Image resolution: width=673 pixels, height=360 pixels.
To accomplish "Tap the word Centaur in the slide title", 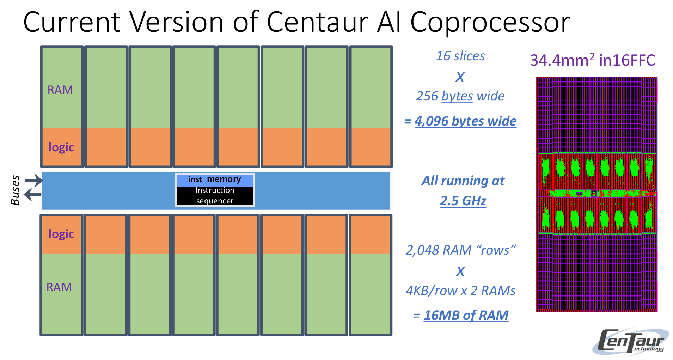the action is click(317, 22).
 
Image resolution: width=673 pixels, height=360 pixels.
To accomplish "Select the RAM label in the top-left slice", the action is click(60, 90).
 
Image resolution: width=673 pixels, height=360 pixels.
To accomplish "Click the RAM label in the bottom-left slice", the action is click(59, 287).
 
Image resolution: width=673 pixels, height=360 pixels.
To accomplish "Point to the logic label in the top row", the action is click(61, 147).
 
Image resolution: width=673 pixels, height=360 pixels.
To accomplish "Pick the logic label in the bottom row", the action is click(61, 234).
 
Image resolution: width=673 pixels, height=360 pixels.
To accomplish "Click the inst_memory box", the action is click(215, 180).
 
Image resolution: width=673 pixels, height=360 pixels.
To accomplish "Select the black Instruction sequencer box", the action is click(215, 196).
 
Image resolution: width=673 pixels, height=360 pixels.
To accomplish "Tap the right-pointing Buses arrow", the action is click(34, 181).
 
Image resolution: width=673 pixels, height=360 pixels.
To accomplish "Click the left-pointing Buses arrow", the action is click(32, 194).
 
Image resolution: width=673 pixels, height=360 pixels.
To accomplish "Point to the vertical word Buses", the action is click(15, 190).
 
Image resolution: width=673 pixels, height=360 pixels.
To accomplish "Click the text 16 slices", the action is click(460, 56).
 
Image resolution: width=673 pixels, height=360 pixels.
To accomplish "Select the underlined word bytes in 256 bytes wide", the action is click(457, 96).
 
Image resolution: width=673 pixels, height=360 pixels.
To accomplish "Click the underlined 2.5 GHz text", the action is click(463, 201).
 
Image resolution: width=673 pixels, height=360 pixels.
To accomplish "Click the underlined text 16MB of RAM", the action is click(466, 315).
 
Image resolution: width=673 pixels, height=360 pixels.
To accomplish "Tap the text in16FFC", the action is click(627, 60).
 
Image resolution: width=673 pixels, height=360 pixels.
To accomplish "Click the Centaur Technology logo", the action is click(631, 341).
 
